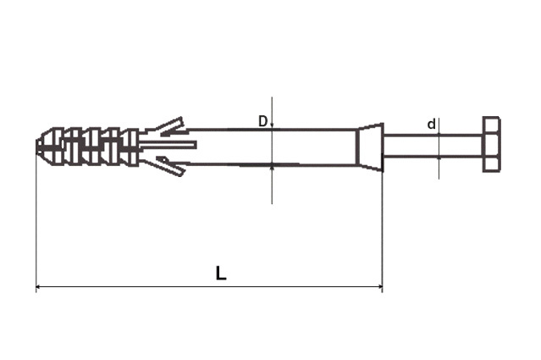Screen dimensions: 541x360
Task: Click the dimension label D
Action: coord(263,121)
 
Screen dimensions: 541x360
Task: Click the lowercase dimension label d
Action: coord(431,124)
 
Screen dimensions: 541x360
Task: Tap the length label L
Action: coord(221,273)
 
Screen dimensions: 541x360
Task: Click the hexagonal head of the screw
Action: coord(491,144)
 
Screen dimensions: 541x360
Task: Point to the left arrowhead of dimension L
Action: coord(39,286)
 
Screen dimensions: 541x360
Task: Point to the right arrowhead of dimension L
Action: coord(379,286)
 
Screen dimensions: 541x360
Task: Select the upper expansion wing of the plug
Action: coord(170,126)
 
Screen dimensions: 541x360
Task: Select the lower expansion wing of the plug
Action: coord(170,166)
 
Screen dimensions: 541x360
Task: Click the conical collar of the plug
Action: coord(370,147)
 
